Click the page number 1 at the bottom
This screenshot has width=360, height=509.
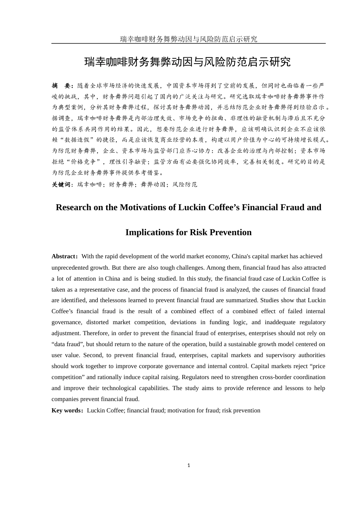(x=188, y=465)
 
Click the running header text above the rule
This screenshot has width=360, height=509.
(x=188, y=39)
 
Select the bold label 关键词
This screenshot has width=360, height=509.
(x=61, y=184)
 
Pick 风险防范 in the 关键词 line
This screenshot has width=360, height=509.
(x=185, y=184)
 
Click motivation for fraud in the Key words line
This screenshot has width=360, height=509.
(x=193, y=411)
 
